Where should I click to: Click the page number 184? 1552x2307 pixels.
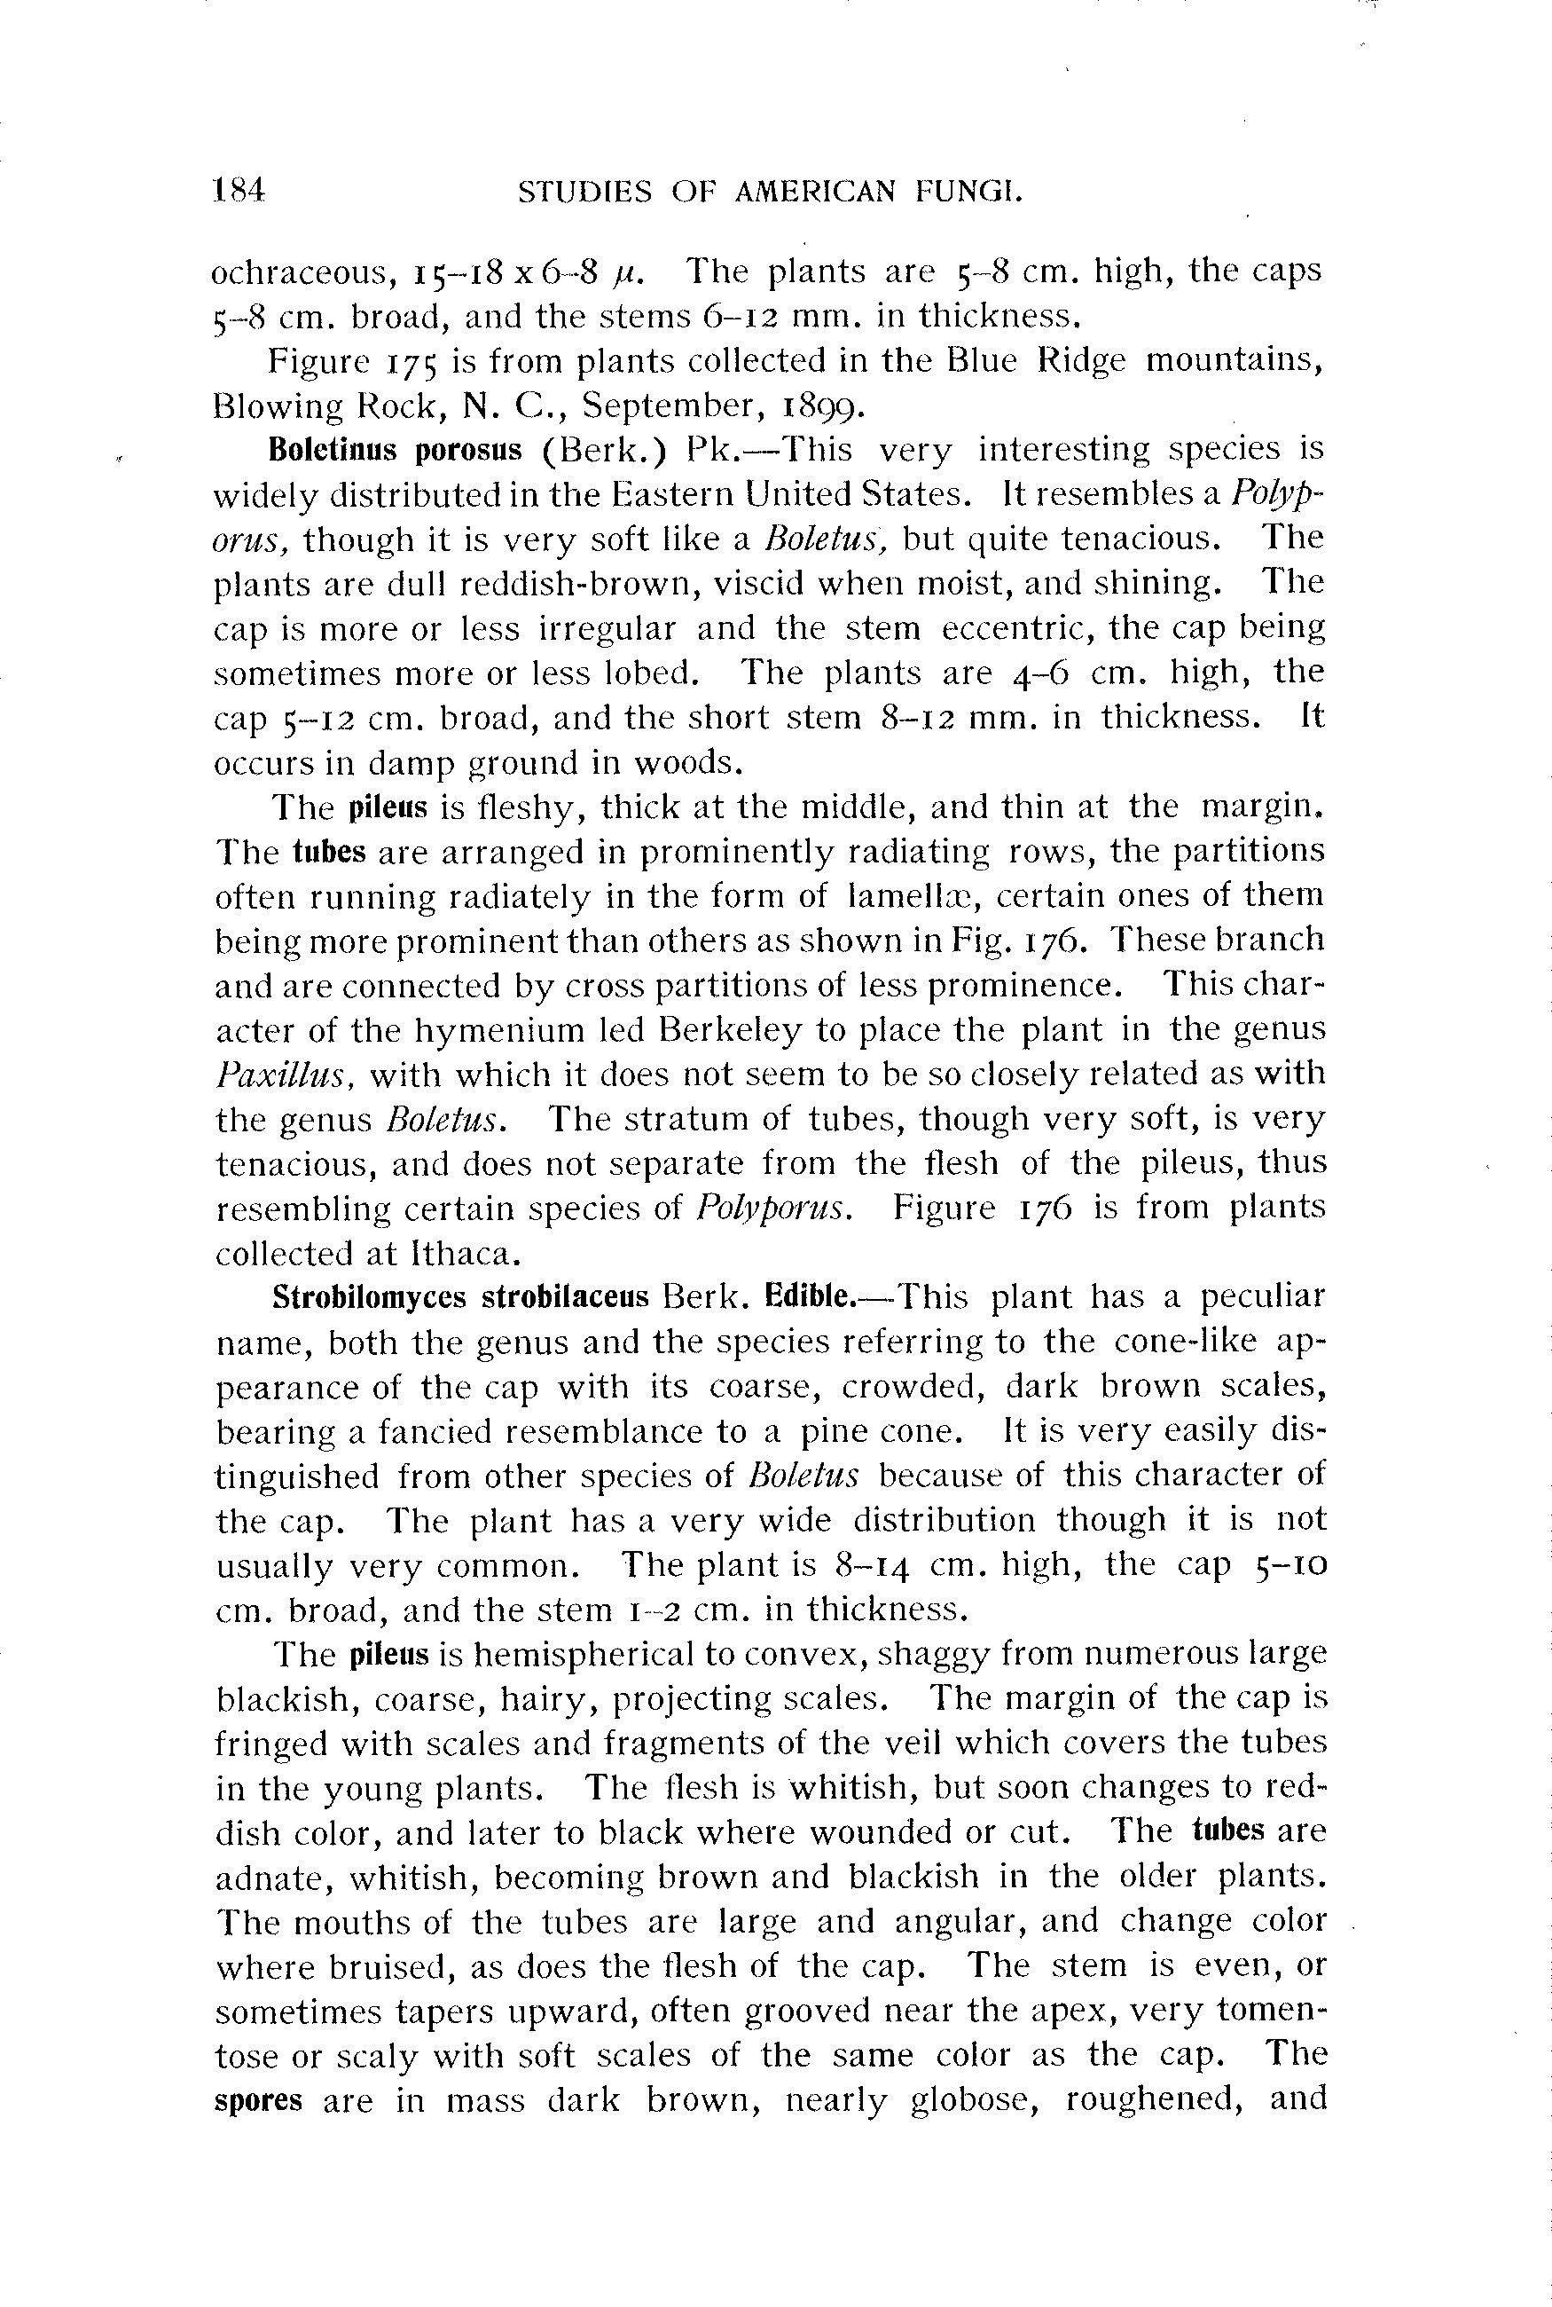point(239,189)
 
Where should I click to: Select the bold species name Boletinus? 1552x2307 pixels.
point(333,451)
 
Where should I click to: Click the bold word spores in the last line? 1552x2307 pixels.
point(258,2100)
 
